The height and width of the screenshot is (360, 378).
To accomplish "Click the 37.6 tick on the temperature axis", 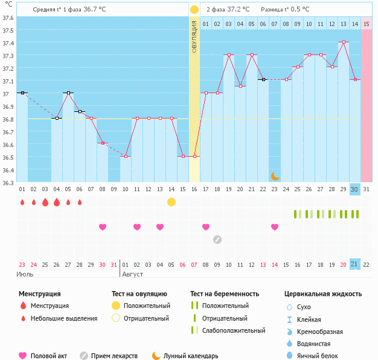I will pyautogui.click(x=7, y=18).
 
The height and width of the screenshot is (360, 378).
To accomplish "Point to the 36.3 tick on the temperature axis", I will pyautogui.click(x=7, y=182).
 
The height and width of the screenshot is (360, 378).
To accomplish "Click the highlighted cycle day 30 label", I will pyautogui.click(x=355, y=189).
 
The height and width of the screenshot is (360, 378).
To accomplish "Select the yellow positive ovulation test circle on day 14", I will pyautogui.click(x=171, y=201).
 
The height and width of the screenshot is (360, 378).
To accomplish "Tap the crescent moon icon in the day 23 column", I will pyautogui.click(x=275, y=175).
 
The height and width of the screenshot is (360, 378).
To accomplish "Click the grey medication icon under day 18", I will pyautogui.click(x=217, y=239).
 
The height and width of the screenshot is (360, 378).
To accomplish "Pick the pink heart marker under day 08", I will pyautogui.click(x=103, y=227).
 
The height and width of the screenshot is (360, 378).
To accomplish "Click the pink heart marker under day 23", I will pyautogui.click(x=275, y=227).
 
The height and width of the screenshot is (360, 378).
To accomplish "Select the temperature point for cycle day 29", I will pyautogui.click(x=344, y=42).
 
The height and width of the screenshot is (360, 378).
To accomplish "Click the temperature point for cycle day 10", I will pyautogui.click(x=126, y=157).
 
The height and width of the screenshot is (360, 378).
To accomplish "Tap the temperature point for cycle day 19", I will pyautogui.click(x=229, y=55).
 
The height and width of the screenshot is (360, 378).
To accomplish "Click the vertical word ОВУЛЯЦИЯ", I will pyautogui.click(x=194, y=36).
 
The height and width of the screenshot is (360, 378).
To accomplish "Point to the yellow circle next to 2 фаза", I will pyautogui.click(x=194, y=10).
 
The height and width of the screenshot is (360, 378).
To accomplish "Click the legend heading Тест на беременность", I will pyautogui.click(x=225, y=294).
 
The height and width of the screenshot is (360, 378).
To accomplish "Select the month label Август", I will pyautogui.click(x=133, y=274).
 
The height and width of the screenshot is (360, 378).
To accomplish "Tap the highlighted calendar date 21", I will pyautogui.click(x=355, y=264).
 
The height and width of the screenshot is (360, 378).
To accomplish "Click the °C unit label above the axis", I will pyautogui.click(x=7, y=5).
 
